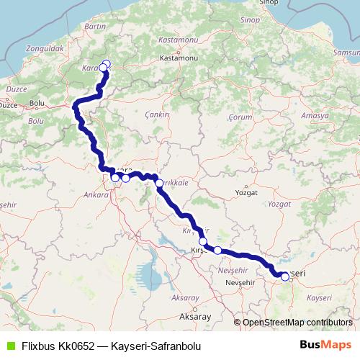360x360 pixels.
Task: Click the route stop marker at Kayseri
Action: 285,276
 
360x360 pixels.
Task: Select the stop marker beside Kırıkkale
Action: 159,184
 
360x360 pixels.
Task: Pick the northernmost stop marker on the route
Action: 107,64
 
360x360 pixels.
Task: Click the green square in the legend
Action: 9,346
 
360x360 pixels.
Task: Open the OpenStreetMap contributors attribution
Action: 297,322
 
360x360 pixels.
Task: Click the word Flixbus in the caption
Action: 38,346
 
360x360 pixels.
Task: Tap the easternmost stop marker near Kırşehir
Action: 217,250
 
